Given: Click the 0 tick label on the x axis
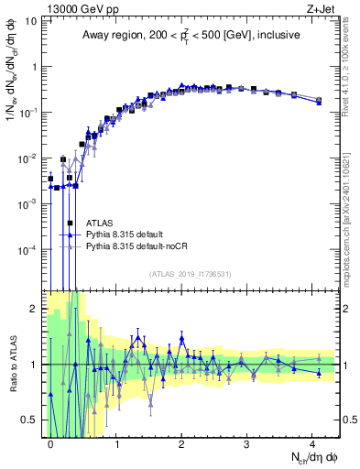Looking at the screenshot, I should [x=51, y=442].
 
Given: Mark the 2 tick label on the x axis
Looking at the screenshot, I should [x=181, y=442].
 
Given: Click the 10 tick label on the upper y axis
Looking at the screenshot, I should [x=29, y=20].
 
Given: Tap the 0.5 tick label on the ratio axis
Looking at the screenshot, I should [x=28, y=420].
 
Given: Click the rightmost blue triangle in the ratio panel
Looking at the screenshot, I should [x=319, y=373].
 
